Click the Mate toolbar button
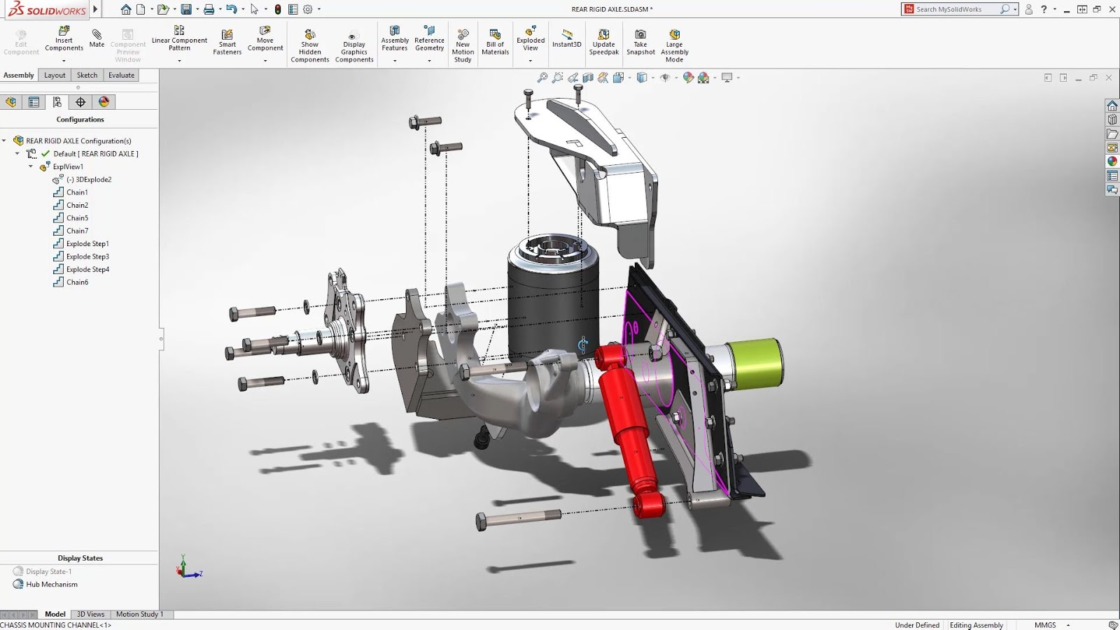click(x=97, y=38)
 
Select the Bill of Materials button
click(x=495, y=42)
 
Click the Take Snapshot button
click(x=640, y=42)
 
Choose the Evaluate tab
click(x=121, y=76)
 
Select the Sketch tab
click(x=87, y=76)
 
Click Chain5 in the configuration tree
click(x=77, y=218)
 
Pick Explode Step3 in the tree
click(x=87, y=257)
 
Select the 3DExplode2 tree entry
click(x=93, y=180)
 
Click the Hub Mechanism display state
click(x=52, y=585)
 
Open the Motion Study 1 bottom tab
click(x=139, y=615)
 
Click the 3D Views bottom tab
click(x=90, y=615)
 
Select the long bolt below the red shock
click(x=518, y=518)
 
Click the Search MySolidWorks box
click(x=956, y=9)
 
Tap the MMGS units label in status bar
click(x=1044, y=625)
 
